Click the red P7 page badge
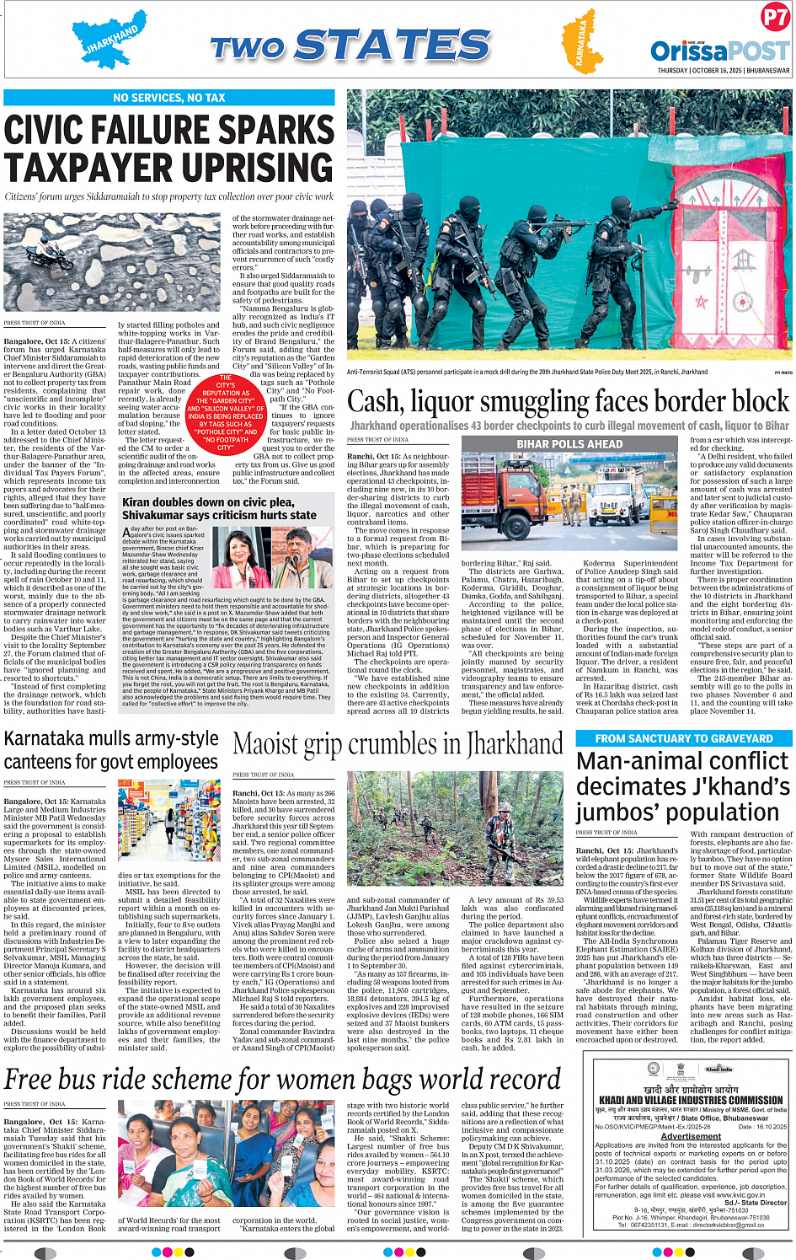[x=774, y=17]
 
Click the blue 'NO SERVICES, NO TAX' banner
[x=169, y=98]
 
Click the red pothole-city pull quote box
[x=225, y=413]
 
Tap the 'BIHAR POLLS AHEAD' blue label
[x=569, y=444]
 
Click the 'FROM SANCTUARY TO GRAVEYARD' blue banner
[x=683, y=738]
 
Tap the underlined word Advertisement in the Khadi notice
[x=691, y=1136]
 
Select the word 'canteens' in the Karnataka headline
[x=44, y=762]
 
